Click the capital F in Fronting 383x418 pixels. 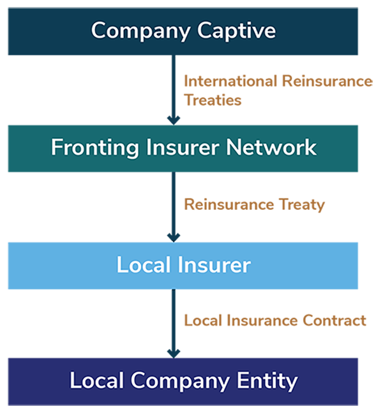(56, 147)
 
